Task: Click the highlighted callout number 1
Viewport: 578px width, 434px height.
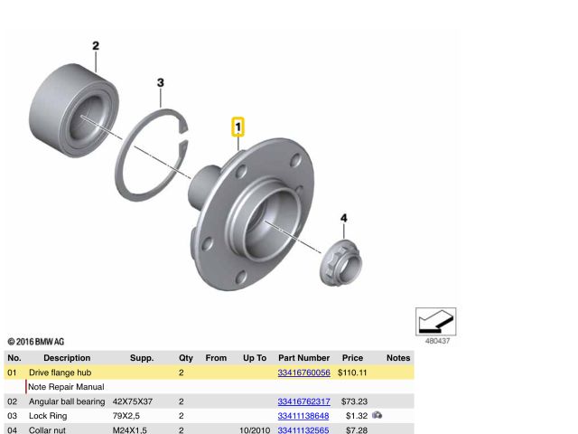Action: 238,127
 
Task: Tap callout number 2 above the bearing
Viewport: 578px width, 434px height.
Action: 96,46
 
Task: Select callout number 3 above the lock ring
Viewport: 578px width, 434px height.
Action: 161,82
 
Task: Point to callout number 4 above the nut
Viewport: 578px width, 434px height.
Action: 343,218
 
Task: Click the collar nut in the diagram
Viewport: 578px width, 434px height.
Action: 340,263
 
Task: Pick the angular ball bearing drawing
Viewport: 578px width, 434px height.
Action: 74,110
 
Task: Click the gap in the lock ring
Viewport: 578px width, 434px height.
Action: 183,136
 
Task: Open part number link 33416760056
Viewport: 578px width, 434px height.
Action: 303,373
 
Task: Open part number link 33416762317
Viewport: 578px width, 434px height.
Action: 303,401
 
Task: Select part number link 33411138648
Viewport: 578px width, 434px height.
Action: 303,416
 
